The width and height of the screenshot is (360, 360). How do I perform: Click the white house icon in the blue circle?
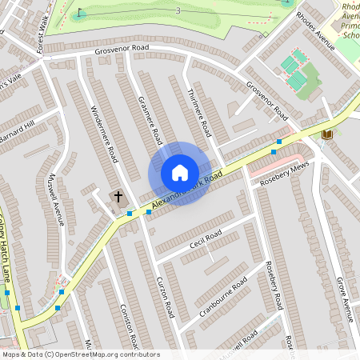pos(180,173)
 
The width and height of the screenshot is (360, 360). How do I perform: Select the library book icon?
pos(326,134)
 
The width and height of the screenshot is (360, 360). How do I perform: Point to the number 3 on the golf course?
pos(178,10)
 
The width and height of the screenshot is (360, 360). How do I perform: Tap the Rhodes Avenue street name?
pos(314,30)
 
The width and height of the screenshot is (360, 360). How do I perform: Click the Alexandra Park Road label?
pos(186,193)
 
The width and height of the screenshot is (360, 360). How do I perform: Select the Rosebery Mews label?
pos(282,174)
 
